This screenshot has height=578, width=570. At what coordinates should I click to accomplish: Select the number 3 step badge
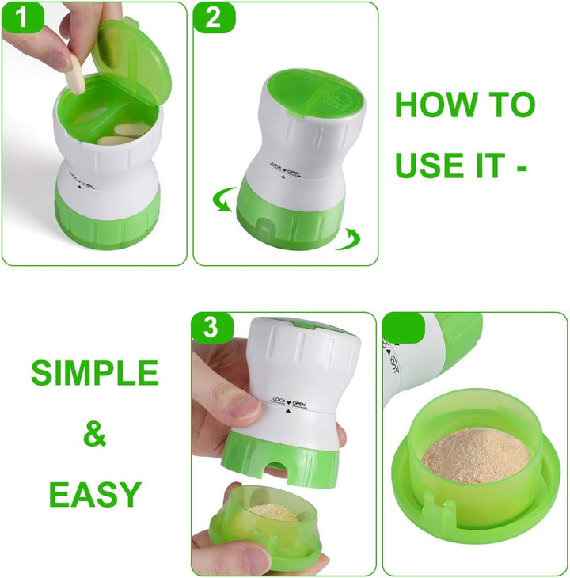pyautogui.click(x=211, y=328)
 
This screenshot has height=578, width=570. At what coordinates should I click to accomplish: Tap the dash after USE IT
pyautogui.click(x=521, y=166)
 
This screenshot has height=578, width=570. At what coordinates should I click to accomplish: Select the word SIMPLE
pyautogui.click(x=94, y=373)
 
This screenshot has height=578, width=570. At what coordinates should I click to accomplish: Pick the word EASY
pyautogui.click(x=94, y=493)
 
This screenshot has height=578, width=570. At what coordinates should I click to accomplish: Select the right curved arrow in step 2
pyautogui.click(x=348, y=238)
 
